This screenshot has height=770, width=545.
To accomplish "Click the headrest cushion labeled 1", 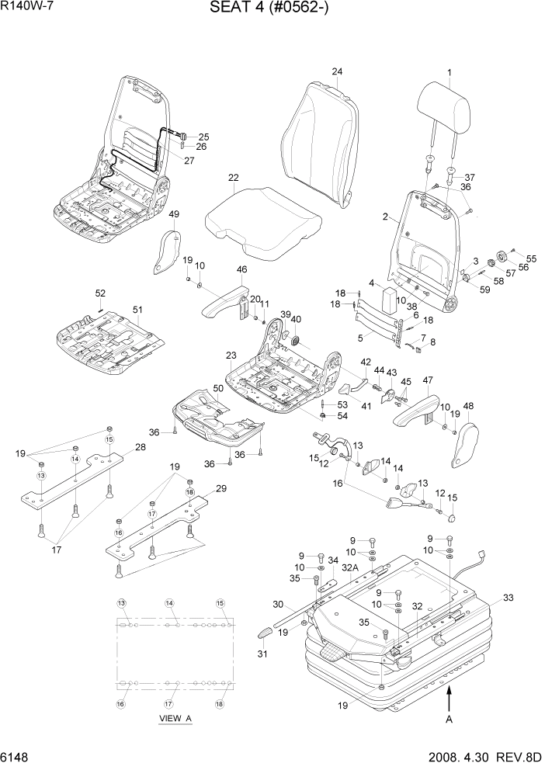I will pos(447,106).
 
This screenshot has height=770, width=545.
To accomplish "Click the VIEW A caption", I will pos(175,719).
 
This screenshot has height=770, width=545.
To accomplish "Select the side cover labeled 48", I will pos(467,446).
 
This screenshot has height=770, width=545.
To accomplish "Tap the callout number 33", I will pos(509,598).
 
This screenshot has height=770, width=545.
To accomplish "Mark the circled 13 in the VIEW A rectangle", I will pos(121,604).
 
